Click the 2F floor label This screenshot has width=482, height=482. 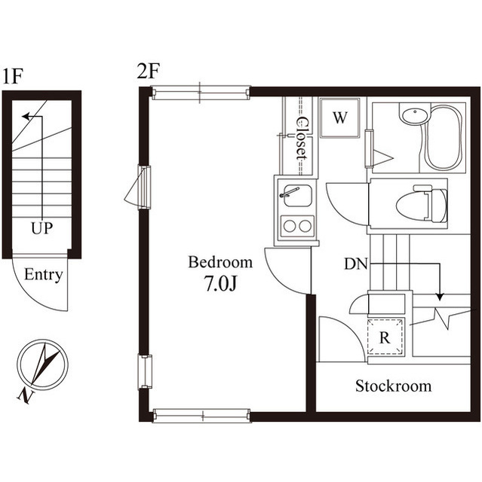pyautogui.click(x=148, y=72)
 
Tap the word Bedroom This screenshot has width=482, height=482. pyautogui.click(x=220, y=263)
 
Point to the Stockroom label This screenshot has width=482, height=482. pyautogui.click(x=393, y=386)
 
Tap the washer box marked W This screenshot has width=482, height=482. pyautogui.click(x=340, y=118)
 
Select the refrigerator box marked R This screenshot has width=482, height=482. pyautogui.click(x=384, y=337)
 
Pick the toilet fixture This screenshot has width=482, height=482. pyautogui.click(x=419, y=204)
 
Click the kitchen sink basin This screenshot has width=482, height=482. pyautogui.click(x=295, y=197)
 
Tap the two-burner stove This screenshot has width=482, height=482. pyautogui.click(x=296, y=225)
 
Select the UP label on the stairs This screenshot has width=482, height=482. pyautogui.click(x=41, y=228)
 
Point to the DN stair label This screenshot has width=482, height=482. pyautogui.click(x=356, y=264)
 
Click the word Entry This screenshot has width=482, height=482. pyautogui.click(x=43, y=275)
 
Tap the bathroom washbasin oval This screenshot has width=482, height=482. pyautogui.click(x=413, y=117)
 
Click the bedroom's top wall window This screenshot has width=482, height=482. pyautogui.click(x=200, y=93)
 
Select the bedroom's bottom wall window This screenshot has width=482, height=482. pyautogui.click(x=201, y=415)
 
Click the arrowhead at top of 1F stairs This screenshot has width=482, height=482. pyautogui.click(x=26, y=117)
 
